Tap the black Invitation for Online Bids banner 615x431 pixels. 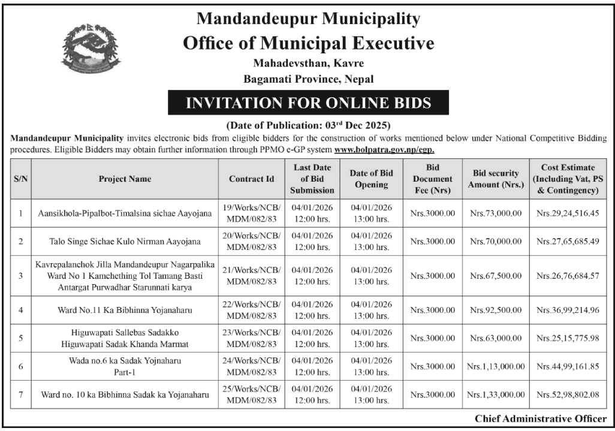[x=309, y=103]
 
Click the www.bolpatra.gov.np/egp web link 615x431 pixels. [x=384, y=150]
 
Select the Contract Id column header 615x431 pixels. [x=252, y=178]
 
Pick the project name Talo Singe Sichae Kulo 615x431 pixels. [x=126, y=242]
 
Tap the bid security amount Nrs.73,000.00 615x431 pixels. [x=496, y=213]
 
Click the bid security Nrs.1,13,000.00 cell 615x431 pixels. [x=496, y=366]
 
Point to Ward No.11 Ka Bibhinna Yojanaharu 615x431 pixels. [x=126, y=311]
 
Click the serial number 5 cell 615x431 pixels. [x=21, y=338]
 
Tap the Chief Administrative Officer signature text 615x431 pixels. [x=540, y=419]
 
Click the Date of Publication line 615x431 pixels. [x=309, y=126]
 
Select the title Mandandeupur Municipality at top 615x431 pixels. [x=309, y=19]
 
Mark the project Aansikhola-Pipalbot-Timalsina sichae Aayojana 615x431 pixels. [x=126, y=213]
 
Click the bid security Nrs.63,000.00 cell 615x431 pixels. [x=496, y=338]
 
